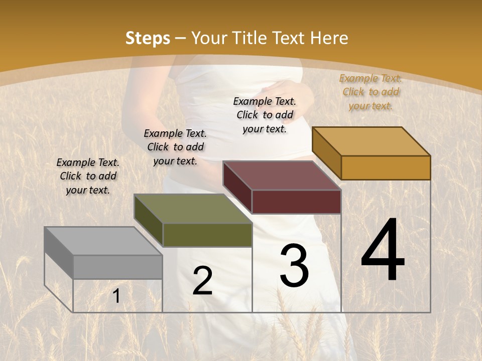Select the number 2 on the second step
(202, 281)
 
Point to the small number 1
(116, 296)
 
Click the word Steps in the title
(148, 38)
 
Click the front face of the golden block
(386, 167)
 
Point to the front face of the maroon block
(296, 202)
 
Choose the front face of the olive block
(207, 235)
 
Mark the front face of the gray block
(117, 267)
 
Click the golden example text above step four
(371, 92)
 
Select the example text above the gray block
(88, 176)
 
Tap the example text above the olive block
(175, 147)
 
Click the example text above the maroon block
(265, 115)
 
